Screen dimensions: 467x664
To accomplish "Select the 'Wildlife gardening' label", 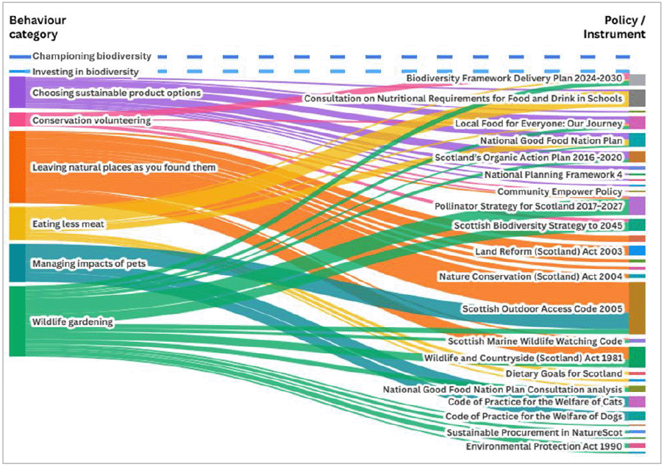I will pyautogui.click(x=72, y=322).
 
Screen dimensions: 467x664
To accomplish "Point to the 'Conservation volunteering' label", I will pyautogui.click(x=91, y=120).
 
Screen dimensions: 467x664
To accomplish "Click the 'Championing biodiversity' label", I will pyautogui.click(x=92, y=56).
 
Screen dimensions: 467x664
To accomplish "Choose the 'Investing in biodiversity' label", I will pyautogui.click(x=85, y=71).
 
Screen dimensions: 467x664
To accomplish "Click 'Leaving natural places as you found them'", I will pyautogui.click(x=124, y=168).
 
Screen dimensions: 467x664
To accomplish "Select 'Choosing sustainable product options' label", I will pyautogui.click(x=116, y=93).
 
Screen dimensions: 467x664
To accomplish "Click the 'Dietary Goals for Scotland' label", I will pyautogui.click(x=564, y=374).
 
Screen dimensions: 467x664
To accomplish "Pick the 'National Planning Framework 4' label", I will pyautogui.click(x=553, y=175).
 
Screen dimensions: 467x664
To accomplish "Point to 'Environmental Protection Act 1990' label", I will pyautogui.click(x=544, y=446).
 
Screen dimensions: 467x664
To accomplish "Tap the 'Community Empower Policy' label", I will pyautogui.click(x=560, y=192).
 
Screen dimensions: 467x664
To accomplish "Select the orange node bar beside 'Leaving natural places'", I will pyautogui.click(x=17, y=167).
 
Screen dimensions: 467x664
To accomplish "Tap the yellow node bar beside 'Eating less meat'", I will pyautogui.click(x=17, y=224).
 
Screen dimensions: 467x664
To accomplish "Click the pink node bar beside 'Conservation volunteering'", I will pyautogui.click(x=17, y=120).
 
